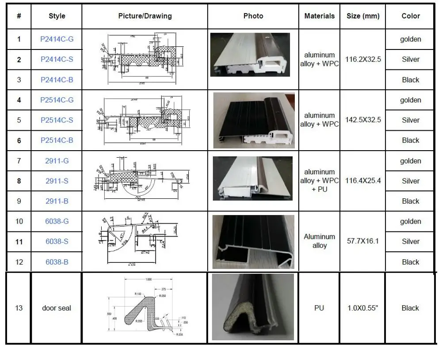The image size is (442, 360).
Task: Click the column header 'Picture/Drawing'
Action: (145, 16)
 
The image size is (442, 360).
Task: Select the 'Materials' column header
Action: (319, 16)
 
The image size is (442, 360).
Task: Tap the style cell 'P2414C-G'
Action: (57, 39)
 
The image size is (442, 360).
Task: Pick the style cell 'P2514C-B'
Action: (57, 140)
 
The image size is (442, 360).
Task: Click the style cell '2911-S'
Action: (57, 181)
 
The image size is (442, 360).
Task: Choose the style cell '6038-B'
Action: (57, 262)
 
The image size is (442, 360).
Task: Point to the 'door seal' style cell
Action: (57, 308)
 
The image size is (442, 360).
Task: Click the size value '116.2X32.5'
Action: (362, 59)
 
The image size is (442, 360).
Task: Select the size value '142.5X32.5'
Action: (362, 120)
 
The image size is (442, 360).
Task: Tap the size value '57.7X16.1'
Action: (362, 241)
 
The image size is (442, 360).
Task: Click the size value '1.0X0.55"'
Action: (362, 308)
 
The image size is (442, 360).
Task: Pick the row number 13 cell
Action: (19, 308)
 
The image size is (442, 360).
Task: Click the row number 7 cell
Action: (19, 161)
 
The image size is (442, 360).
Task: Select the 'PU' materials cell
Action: (319, 308)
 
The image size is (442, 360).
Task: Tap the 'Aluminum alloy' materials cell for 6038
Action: (319, 241)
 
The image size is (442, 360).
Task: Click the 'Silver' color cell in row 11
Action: (410, 242)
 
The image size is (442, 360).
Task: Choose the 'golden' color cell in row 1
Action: (410, 39)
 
